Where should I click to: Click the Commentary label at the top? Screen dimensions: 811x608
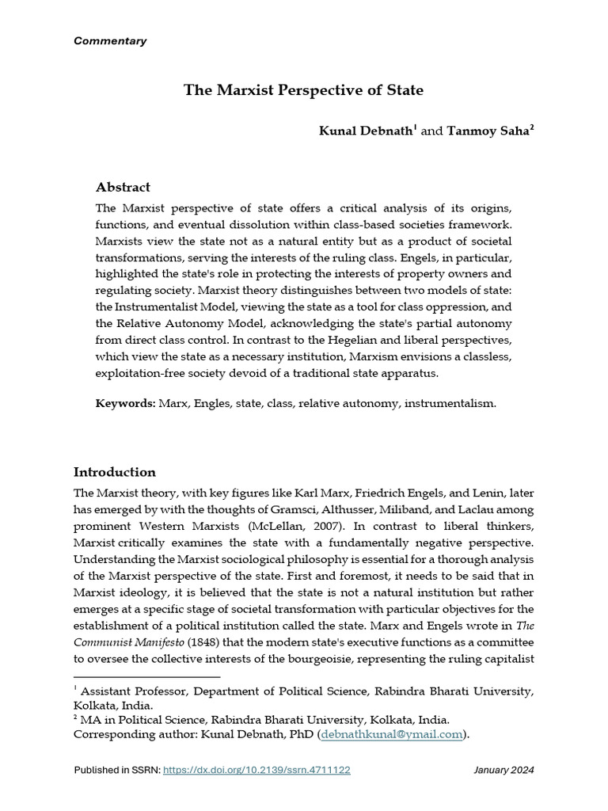(x=109, y=41)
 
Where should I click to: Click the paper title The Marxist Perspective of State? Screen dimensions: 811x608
(x=303, y=90)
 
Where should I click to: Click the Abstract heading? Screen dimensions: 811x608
(x=123, y=188)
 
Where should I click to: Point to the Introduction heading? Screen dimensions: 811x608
(x=114, y=472)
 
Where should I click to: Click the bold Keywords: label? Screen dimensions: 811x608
(x=126, y=403)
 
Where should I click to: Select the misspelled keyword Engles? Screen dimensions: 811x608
(x=212, y=403)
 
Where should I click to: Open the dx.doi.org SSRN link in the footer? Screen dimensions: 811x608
(x=256, y=770)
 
